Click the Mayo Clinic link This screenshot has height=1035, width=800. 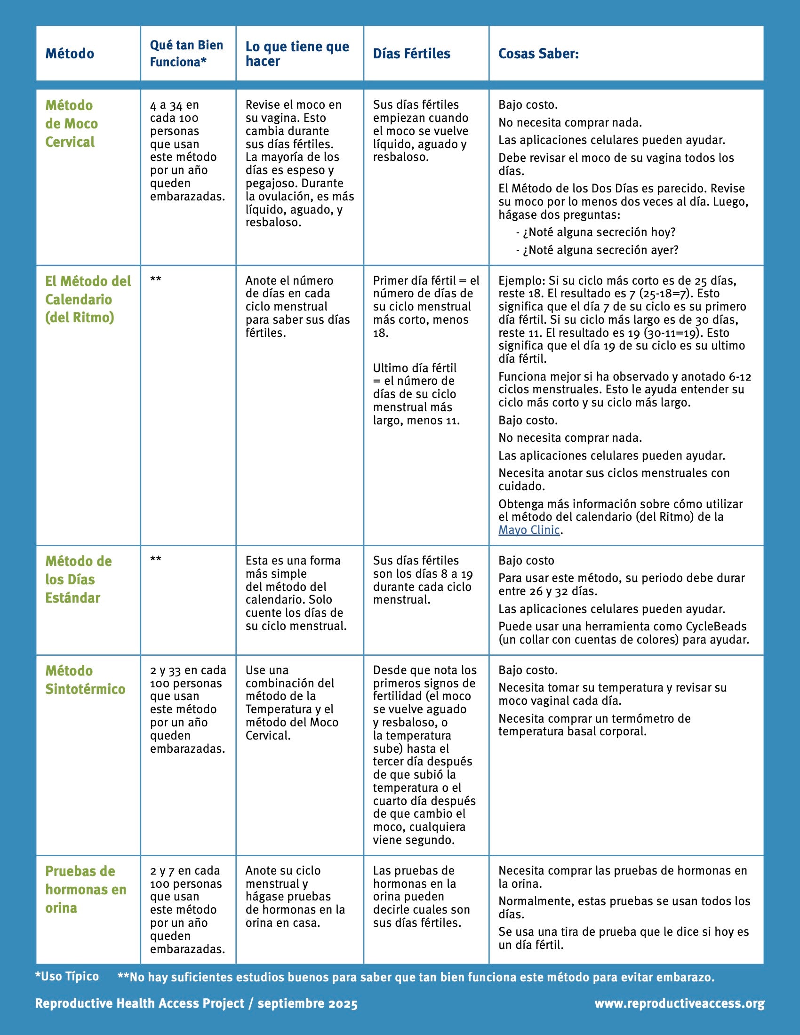(x=529, y=530)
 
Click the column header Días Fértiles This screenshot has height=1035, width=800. (x=411, y=54)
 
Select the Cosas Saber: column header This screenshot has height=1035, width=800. (x=538, y=54)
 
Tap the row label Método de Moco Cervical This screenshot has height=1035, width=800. (x=71, y=123)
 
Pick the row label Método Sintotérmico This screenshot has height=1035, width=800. (x=85, y=680)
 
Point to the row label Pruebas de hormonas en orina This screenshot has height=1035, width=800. (x=85, y=889)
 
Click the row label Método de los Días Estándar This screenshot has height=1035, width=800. (x=78, y=579)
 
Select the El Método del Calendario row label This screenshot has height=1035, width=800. (x=88, y=299)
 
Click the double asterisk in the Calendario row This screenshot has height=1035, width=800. (x=155, y=279)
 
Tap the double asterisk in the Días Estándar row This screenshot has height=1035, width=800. (x=155, y=559)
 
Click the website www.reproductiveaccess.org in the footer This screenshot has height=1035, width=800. (x=679, y=1003)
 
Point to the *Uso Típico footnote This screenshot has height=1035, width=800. (x=67, y=976)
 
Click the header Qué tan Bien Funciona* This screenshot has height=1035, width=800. (x=186, y=53)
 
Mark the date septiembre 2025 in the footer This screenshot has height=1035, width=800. (x=308, y=1003)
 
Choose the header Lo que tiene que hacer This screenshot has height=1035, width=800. (x=297, y=53)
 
